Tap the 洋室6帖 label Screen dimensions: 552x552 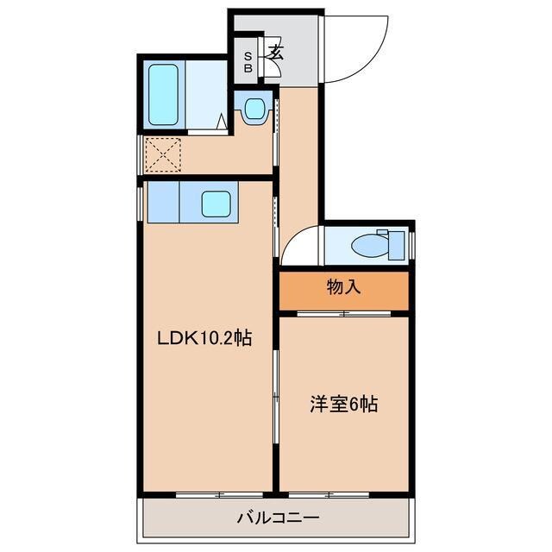coord(343,403)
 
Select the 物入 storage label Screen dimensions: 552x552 coord(343,287)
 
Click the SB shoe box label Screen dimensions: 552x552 coord(248,62)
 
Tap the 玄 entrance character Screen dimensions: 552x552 coord(276,52)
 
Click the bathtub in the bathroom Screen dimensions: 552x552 coord(164,94)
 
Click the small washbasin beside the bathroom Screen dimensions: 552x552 coord(253,109)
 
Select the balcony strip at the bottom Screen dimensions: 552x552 coord(274,519)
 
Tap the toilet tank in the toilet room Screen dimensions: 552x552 coord(398,244)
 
